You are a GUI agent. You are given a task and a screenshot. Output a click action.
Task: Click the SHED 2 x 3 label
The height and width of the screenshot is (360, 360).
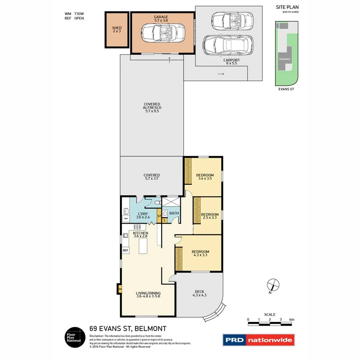point(117,29)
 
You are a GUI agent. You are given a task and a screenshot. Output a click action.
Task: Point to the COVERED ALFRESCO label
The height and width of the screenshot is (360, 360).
point(152,107)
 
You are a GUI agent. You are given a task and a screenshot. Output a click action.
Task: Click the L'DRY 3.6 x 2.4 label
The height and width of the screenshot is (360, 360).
point(144,215)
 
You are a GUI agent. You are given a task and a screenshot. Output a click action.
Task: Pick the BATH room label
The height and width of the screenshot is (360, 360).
point(174,213)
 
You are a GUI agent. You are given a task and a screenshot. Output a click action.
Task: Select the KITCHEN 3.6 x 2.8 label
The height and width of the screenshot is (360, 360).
point(141,235)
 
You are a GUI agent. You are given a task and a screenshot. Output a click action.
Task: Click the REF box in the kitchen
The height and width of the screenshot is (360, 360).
point(125,250)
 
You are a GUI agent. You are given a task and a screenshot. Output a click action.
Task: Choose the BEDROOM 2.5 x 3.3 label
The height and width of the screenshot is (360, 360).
point(210,216)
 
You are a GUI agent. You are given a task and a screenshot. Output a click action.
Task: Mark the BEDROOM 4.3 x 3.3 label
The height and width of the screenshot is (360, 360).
point(200,254)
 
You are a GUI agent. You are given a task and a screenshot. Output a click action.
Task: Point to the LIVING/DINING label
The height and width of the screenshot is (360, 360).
point(148,294)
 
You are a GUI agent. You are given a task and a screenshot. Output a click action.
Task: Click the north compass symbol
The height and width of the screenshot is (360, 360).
point(273,285)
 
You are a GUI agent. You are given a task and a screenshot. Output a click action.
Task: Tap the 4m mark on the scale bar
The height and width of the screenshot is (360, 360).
point(292,320)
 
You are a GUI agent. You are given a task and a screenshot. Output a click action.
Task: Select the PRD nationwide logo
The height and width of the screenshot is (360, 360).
point(258,340)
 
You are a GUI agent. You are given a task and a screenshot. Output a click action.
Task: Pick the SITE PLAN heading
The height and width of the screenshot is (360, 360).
point(287,7)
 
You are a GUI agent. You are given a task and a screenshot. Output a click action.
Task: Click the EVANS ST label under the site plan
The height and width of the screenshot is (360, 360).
point(287,89)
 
